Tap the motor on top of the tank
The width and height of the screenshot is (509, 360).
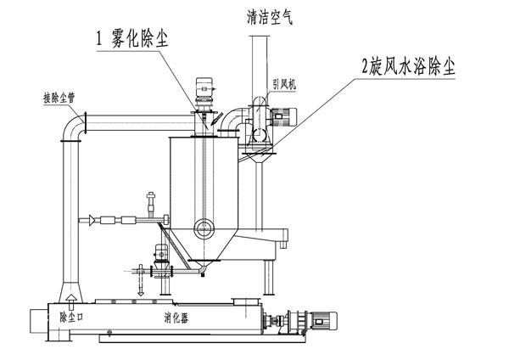(x=204, y=88)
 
